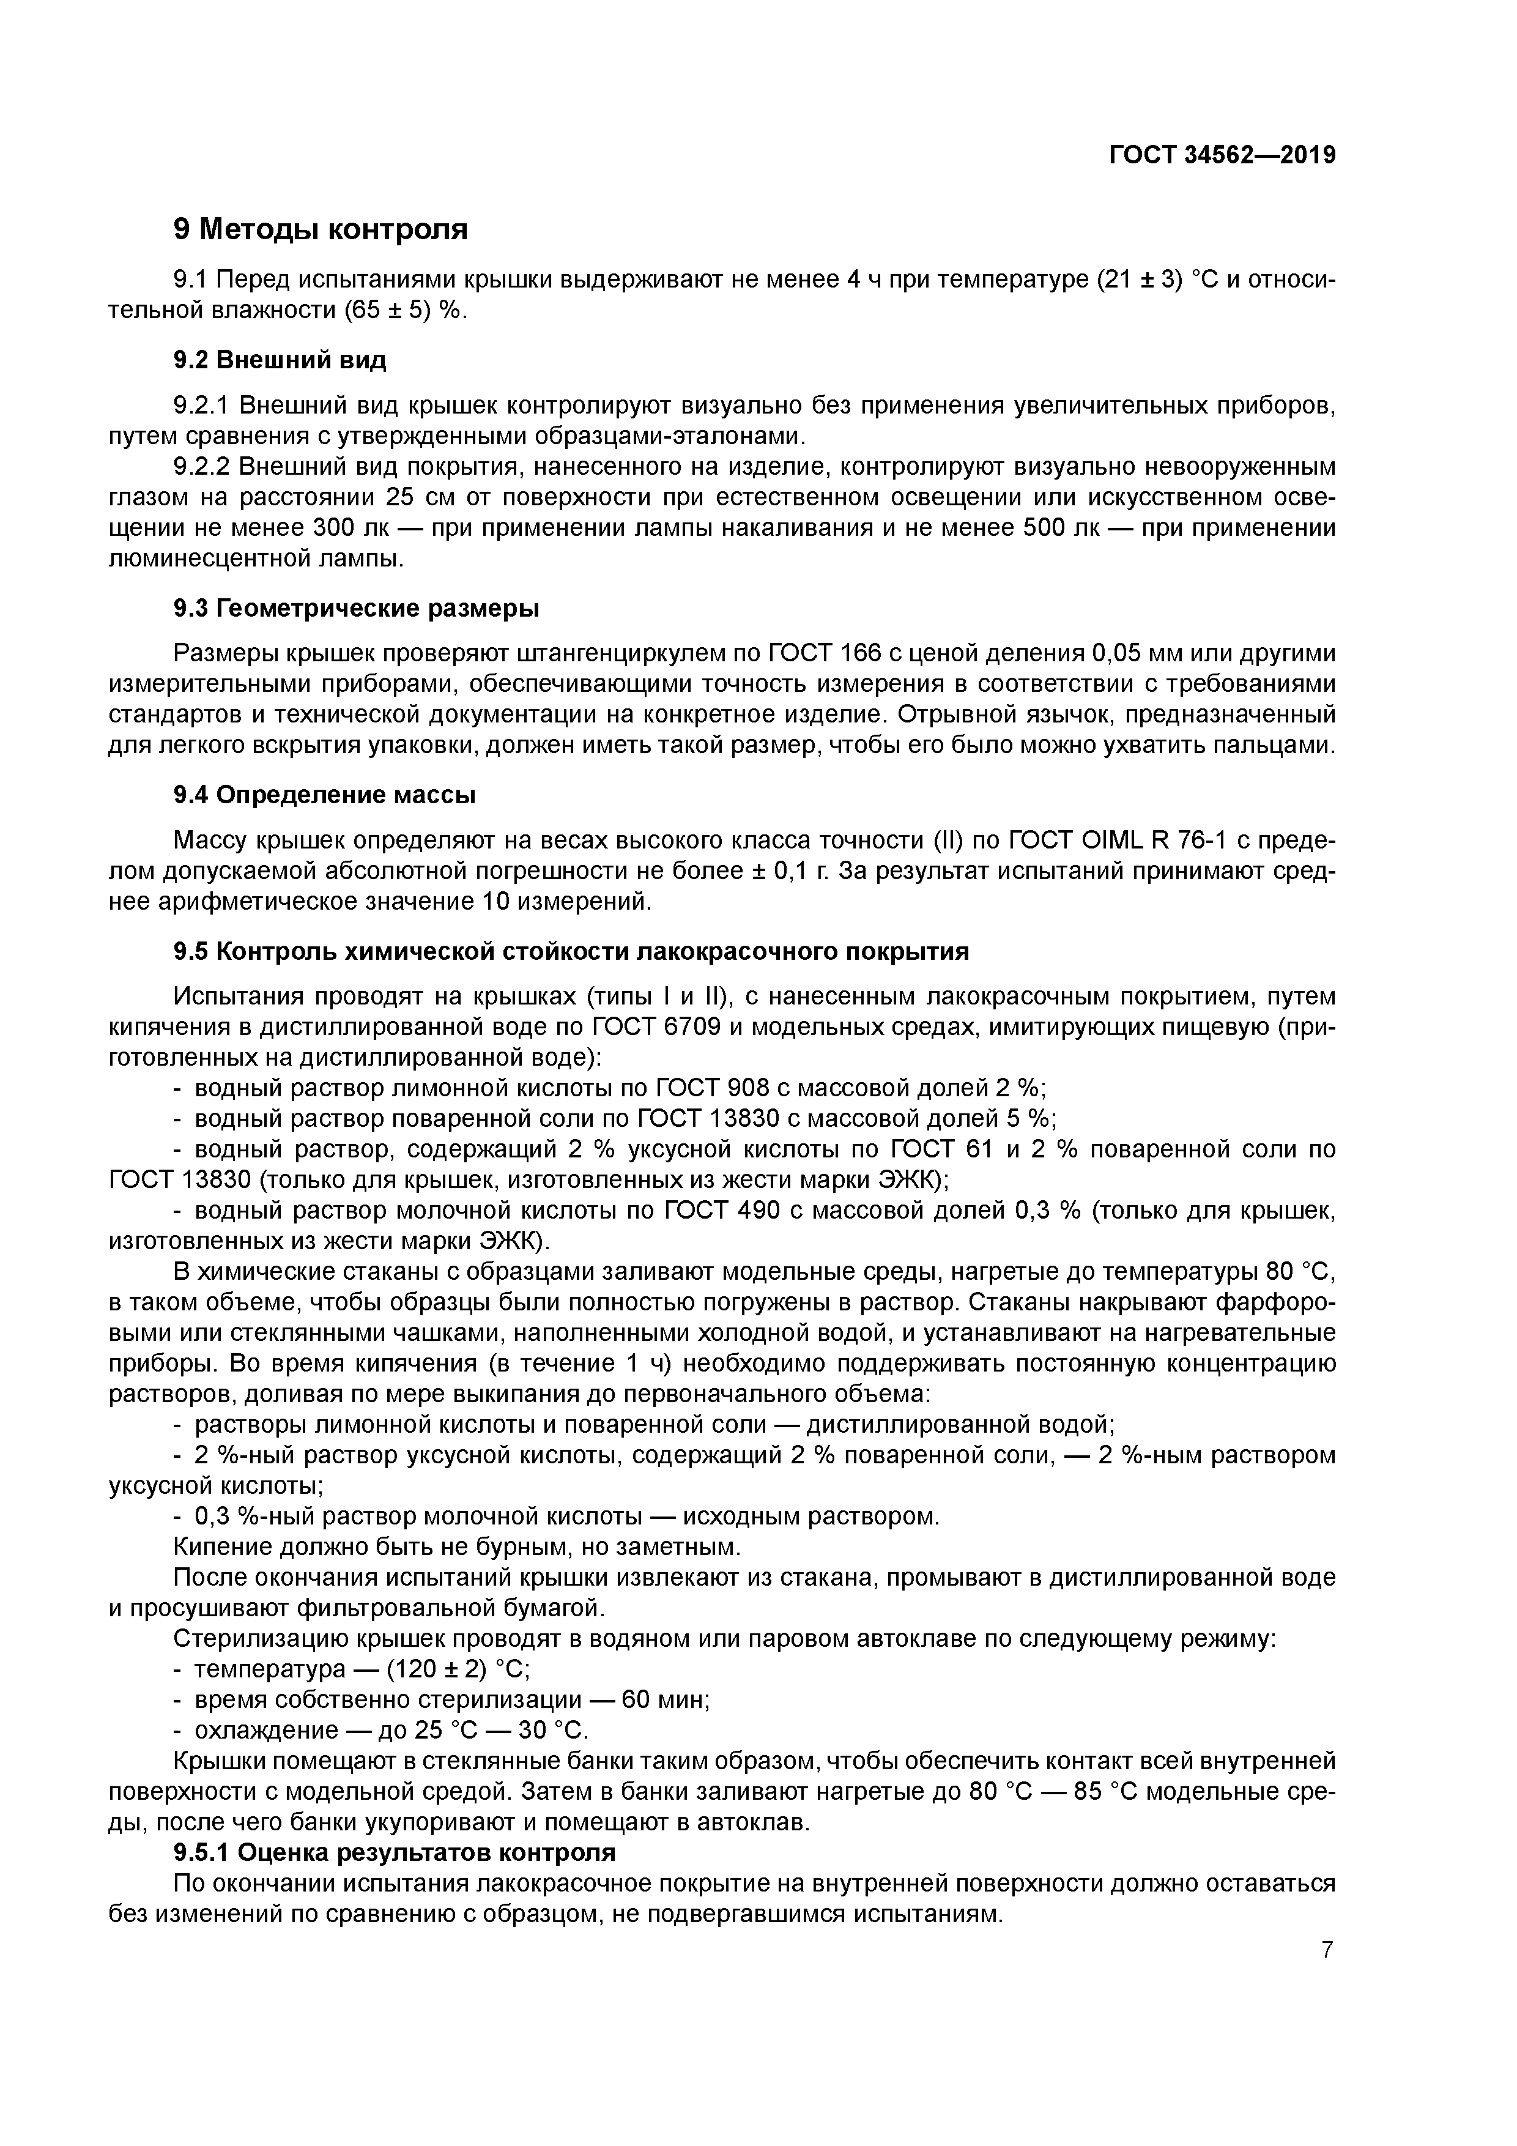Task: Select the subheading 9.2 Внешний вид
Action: click(280, 360)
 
